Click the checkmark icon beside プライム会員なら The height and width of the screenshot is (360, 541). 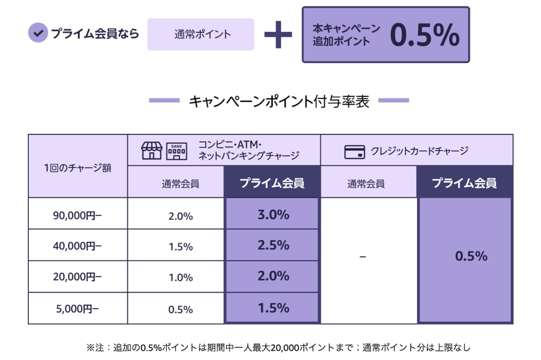tap(38, 33)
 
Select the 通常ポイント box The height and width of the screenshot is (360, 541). tap(201, 34)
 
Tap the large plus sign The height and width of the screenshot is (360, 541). tap(278, 34)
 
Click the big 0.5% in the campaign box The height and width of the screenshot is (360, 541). tap(424, 35)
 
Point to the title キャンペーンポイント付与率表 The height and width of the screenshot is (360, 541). tap(279, 101)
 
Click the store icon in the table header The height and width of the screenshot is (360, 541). tap(151, 150)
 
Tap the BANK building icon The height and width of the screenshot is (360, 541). tap(177, 151)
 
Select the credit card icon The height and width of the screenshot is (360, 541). tap(355, 152)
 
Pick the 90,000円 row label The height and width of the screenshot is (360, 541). tap(78, 215)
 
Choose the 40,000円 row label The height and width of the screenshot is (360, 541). tap(78, 246)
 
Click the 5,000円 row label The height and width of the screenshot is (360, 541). tap(78, 310)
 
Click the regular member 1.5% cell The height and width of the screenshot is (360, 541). tap(180, 247)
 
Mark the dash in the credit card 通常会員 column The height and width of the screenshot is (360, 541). tap(363, 257)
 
